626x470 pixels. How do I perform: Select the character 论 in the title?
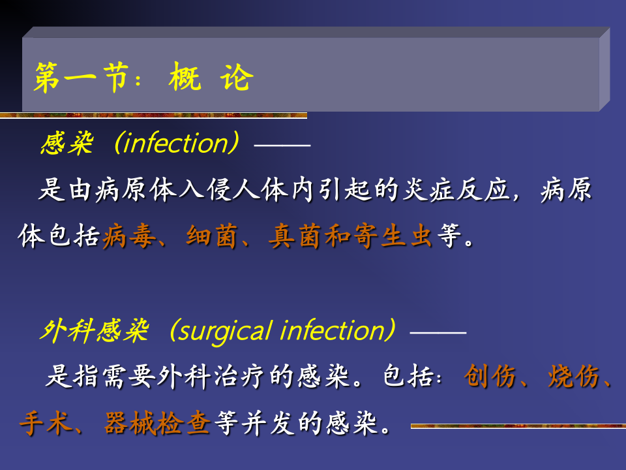(236, 78)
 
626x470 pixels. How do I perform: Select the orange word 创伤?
(490, 377)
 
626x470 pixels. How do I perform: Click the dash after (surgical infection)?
(438, 333)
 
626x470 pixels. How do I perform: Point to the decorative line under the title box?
(153, 115)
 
